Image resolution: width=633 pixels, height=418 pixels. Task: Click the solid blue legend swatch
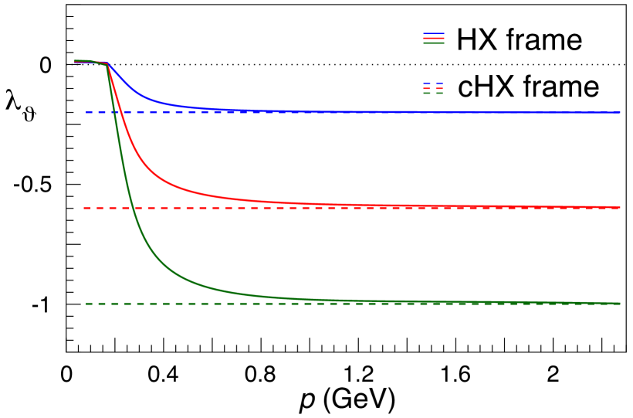[433, 34]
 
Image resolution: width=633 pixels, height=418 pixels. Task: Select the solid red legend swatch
[433, 39]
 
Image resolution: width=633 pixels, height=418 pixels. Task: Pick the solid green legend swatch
[433, 43]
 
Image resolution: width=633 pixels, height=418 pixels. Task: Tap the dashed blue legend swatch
[433, 83]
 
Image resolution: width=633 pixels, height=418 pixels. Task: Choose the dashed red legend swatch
[433, 88]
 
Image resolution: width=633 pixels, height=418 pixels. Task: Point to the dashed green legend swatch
[433, 93]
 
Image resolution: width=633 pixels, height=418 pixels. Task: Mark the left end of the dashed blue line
[86, 112]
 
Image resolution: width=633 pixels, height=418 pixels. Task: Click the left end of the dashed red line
[84, 208]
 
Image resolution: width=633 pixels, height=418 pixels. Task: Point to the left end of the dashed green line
[86, 304]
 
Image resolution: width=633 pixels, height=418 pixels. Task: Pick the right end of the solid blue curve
[619, 112]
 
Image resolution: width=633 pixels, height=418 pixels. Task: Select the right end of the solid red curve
[619, 207]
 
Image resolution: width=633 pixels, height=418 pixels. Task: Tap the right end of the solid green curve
[619, 304]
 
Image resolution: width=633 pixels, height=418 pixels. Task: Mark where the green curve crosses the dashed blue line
[116, 112]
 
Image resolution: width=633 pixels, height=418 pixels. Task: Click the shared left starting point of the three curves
[76, 61]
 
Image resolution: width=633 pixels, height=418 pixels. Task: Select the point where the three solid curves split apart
[107, 64]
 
